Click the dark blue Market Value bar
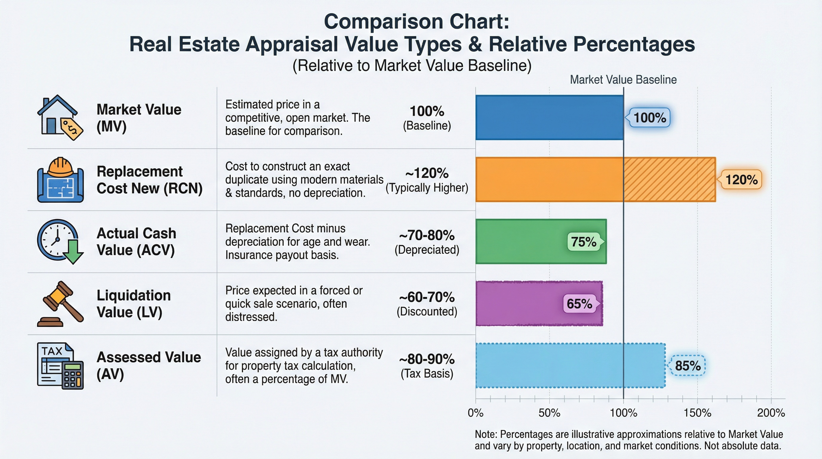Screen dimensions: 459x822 coord(549,117)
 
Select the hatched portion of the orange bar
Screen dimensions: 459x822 coord(669,179)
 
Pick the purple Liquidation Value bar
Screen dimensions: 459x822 coord(517,304)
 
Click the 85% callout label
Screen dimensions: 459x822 coord(688,366)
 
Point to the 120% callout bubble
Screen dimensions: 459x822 coord(741,179)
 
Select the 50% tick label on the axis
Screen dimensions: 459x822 coord(549,413)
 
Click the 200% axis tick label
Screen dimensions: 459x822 coord(771,413)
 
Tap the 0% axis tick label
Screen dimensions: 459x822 coord(476,413)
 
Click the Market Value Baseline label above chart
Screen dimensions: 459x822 coord(623,80)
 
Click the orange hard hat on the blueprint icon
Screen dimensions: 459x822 coord(61,167)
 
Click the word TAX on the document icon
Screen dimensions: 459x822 coord(52,351)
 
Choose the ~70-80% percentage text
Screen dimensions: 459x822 coord(427,235)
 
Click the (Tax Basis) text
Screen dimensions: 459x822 coord(427,374)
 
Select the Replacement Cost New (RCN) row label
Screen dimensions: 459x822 coord(149,180)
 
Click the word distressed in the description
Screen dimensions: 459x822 coord(251,317)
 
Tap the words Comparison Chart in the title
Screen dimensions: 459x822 coord(416,22)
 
